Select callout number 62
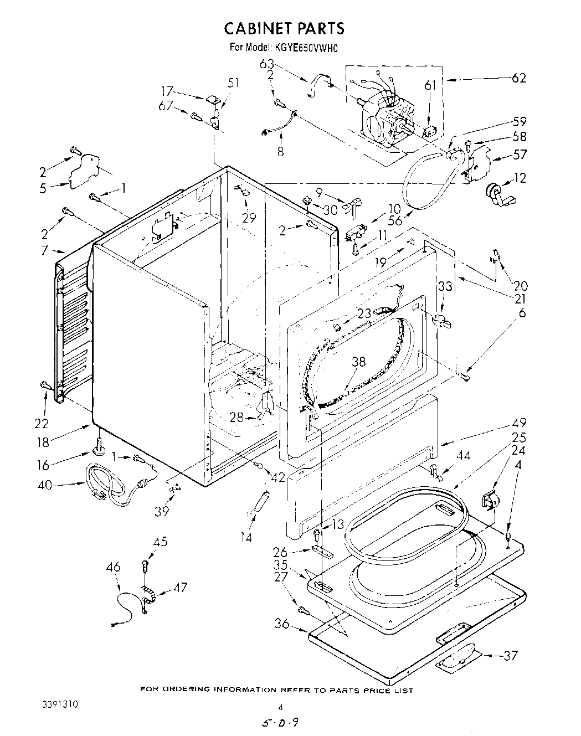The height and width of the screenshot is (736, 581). coord(518,78)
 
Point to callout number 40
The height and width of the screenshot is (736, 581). coord(45,485)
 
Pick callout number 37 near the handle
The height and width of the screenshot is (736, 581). coord(511,656)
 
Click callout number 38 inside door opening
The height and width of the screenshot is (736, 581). coord(358,362)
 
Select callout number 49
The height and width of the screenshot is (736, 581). coord(519,423)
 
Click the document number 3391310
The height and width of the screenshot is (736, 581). coord(60,705)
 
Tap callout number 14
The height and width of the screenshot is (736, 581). coord(246,537)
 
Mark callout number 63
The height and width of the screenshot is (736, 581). coord(267,64)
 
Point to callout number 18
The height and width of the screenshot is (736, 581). coord(43,441)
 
